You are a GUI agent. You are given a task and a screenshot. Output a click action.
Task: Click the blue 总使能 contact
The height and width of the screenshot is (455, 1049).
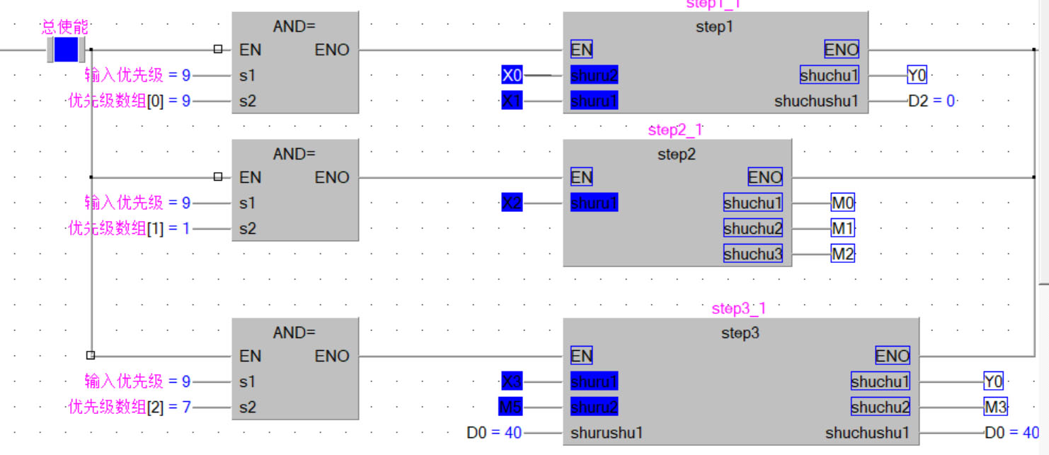point(67,50)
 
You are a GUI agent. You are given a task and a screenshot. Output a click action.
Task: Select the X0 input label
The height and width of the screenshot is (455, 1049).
point(512,75)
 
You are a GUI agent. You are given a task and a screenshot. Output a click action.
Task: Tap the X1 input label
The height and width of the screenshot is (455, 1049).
point(512,101)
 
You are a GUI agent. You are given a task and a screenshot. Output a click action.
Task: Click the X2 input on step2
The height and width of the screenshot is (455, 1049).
point(512,203)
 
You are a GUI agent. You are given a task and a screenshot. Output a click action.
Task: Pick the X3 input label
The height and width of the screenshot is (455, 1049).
point(512,382)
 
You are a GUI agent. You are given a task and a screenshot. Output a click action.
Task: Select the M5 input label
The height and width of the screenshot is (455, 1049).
point(510,408)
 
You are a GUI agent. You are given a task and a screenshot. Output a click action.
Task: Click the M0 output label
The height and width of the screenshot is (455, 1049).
point(842,203)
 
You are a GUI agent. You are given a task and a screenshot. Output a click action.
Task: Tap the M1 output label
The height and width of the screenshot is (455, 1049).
point(842,229)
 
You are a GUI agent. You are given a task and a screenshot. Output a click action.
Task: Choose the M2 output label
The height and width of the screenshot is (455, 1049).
point(842,254)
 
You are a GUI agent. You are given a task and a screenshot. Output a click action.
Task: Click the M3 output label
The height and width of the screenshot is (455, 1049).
point(995,408)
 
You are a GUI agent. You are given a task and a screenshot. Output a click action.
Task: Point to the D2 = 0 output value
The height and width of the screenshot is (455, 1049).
point(932,101)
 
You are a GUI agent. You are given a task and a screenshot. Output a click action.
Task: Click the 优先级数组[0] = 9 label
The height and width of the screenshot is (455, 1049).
point(129,101)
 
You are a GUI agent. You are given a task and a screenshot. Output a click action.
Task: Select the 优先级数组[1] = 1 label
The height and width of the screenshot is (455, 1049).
point(129,229)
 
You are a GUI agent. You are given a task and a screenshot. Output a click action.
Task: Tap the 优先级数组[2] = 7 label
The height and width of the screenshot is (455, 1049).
point(129,408)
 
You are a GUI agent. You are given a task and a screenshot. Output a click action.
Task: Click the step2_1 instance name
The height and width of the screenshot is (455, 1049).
point(675,130)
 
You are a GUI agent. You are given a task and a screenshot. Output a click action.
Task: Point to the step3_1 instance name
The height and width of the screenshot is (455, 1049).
point(739,308)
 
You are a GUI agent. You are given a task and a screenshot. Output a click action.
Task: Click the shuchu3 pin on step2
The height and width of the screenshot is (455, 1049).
point(752,254)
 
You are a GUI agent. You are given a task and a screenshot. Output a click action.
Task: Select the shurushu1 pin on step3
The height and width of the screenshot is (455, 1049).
point(607,433)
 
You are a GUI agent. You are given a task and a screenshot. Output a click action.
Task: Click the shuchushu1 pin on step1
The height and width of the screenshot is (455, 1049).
point(816,101)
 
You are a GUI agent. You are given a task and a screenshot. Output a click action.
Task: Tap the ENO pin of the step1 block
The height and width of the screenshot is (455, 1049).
point(841,50)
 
